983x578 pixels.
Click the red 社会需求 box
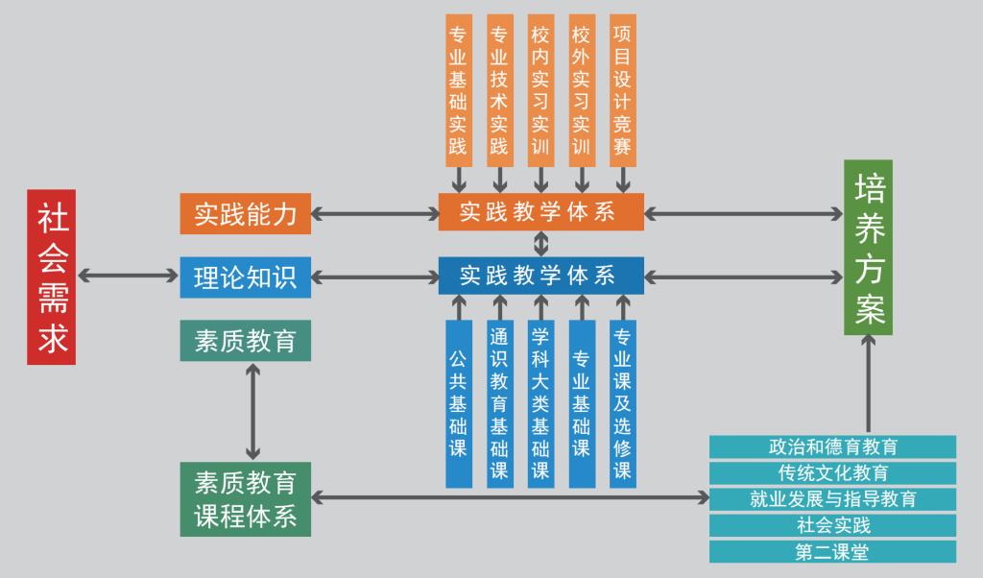[x=51, y=277]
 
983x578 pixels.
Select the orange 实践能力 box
[x=246, y=213]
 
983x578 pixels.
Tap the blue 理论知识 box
[x=246, y=277]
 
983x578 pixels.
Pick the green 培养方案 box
[x=868, y=248]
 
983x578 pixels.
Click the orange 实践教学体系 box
[x=540, y=212]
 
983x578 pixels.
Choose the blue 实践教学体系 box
[x=540, y=277]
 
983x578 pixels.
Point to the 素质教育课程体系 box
[x=246, y=499]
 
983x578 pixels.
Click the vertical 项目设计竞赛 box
[x=623, y=90]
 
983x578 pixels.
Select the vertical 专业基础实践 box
[x=459, y=90]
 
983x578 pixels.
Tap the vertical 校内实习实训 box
[x=540, y=90]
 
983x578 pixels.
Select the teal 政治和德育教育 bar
[x=832, y=447]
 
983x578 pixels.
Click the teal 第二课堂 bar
[x=832, y=552]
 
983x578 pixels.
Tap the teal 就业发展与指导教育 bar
[x=832, y=499]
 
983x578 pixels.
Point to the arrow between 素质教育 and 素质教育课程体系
[x=253, y=411]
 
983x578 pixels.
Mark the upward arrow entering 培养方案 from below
[x=868, y=384]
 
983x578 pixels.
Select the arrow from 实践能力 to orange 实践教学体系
[x=374, y=213]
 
